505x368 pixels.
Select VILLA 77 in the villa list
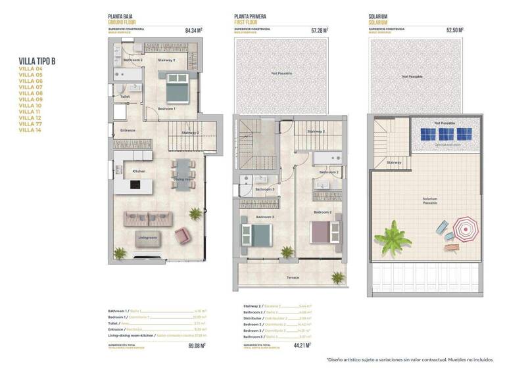click(x=31, y=124)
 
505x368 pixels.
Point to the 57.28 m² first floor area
click(x=319, y=30)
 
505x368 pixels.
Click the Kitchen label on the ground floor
click(x=139, y=172)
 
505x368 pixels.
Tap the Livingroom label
click(x=147, y=237)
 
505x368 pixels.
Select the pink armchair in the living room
click(x=181, y=235)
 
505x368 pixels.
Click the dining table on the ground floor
click(x=182, y=173)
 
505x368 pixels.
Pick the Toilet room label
click(x=125, y=97)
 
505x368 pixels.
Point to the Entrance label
click(x=128, y=130)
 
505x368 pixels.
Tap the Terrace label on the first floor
click(x=293, y=278)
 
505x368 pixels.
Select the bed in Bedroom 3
click(x=257, y=233)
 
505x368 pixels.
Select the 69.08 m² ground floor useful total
click(x=196, y=344)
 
